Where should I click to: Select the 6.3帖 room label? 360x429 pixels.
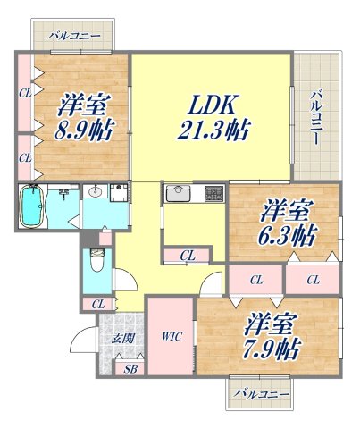pos(285,224)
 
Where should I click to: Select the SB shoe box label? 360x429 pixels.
pos(130,367)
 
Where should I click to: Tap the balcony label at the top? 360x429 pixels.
pos(73,37)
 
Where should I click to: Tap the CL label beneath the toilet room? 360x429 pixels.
pos(97,305)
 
